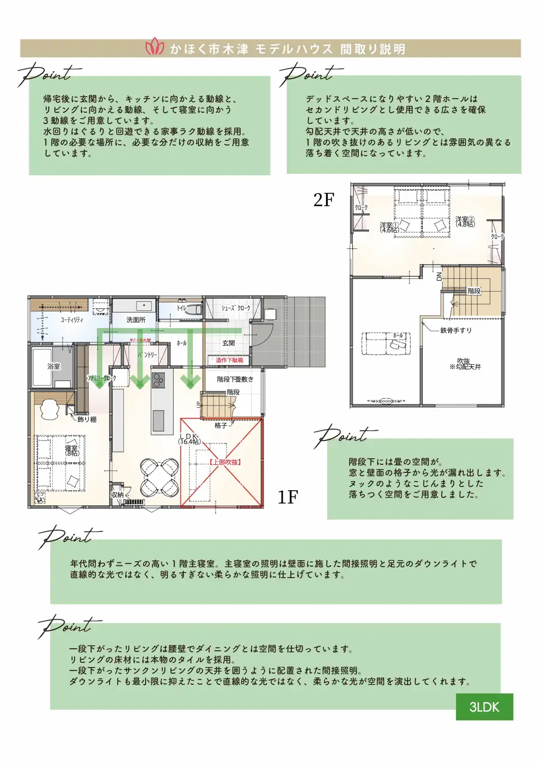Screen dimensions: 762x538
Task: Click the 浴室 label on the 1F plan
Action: tap(53, 366)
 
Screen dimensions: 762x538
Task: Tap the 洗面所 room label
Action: tap(136, 320)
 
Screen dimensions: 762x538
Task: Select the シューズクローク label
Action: tap(236, 308)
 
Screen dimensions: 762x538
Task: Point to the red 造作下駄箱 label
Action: tap(229, 360)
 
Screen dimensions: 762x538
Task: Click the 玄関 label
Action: tap(228, 343)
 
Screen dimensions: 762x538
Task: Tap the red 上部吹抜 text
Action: tap(225, 462)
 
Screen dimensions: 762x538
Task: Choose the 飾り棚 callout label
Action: tap(87, 419)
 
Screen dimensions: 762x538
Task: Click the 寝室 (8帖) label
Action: tap(72, 451)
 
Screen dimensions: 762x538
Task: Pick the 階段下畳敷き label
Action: tap(234, 379)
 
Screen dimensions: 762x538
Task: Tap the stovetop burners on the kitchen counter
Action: tap(158, 380)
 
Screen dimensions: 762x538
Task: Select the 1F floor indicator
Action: tap(288, 497)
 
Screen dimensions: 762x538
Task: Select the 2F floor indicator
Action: tap(324, 200)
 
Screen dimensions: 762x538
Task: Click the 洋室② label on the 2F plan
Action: tap(465, 221)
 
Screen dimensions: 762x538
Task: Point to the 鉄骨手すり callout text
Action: tap(456, 330)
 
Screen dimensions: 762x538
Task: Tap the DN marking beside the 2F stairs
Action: tap(440, 276)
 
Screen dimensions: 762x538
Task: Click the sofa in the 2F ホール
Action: tap(386, 343)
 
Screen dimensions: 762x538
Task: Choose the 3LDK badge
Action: tap(484, 707)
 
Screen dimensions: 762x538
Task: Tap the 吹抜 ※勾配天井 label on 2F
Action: tap(464, 364)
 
